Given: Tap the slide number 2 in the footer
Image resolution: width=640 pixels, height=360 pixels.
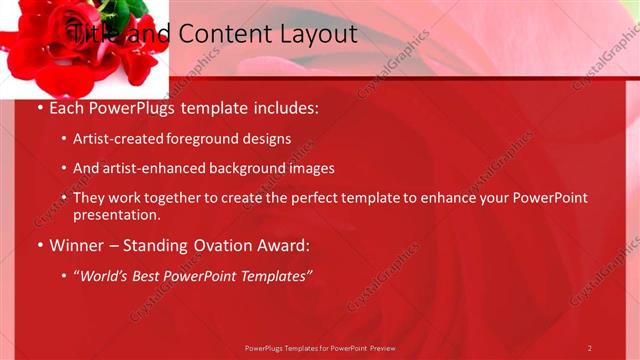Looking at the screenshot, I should (x=590, y=348).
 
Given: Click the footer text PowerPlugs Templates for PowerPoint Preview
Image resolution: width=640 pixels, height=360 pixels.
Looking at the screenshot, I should (x=320, y=348).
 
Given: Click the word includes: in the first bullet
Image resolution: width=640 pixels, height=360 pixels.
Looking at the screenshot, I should (x=284, y=107).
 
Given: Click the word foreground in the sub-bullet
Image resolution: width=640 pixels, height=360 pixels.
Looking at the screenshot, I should (x=218, y=138).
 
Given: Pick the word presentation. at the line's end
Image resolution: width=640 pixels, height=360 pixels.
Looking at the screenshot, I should (x=117, y=214).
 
